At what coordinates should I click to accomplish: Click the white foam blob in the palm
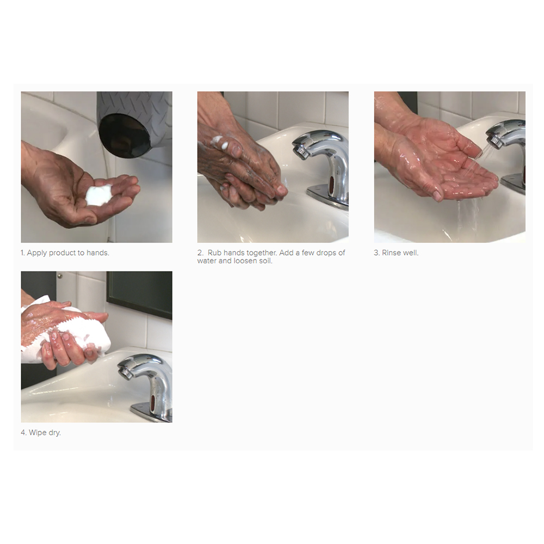pos(99,195)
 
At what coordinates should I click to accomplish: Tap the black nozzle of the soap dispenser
pos(124,135)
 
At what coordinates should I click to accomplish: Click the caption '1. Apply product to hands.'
pos(65,253)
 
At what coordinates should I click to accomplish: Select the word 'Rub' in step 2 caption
pos(214,253)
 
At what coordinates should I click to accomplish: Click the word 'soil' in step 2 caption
pos(264,261)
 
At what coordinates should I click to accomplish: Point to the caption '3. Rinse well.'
pos(396,253)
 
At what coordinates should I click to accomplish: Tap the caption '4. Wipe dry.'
pos(41,432)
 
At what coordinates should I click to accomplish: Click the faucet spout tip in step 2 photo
pos(300,150)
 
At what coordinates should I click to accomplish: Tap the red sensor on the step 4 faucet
pos(153,403)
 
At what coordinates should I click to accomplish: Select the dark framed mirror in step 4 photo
pos(139,294)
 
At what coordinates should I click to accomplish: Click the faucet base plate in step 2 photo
pos(328,197)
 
